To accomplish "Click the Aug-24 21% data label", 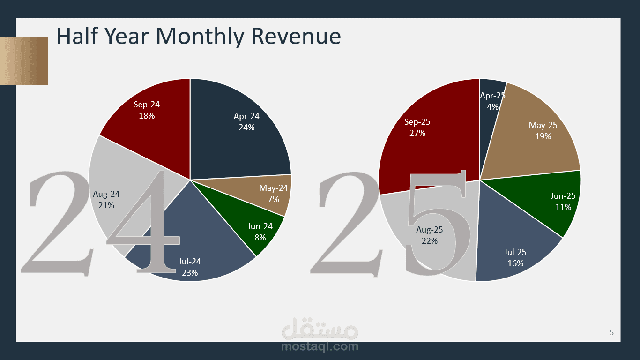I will pyautogui.click(x=106, y=199).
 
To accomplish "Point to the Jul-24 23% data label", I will pyautogui.click(x=190, y=267).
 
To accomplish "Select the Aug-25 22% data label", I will pyautogui.click(x=429, y=235).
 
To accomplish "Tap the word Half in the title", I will pyautogui.click(x=75, y=36).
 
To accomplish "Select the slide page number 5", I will pyautogui.click(x=611, y=333).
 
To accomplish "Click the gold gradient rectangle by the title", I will pyautogui.click(x=23, y=61).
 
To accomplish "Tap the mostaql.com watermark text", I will pyautogui.click(x=320, y=347).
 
